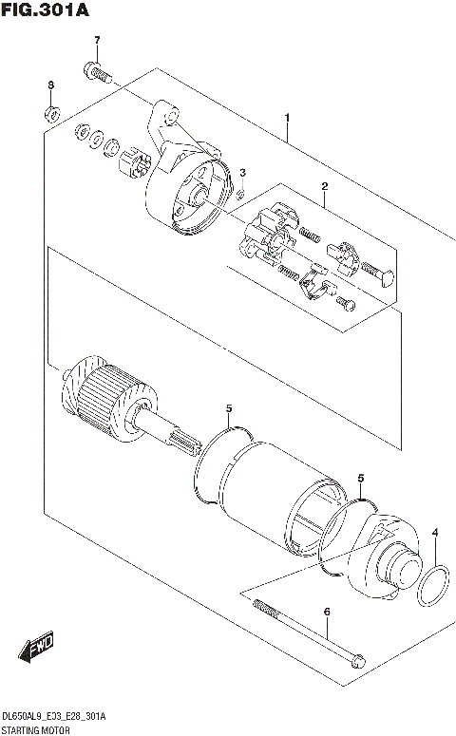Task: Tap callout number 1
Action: pyautogui.click(x=286, y=118)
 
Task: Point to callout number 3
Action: pyautogui.click(x=242, y=173)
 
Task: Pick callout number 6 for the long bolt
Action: pyautogui.click(x=326, y=613)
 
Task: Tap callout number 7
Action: pyautogui.click(x=95, y=39)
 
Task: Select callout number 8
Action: pyautogui.click(x=50, y=86)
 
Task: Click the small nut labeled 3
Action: pyautogui.click(x=241, y=194)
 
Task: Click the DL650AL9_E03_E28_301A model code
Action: pyautogui.click(x=53, y=715)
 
